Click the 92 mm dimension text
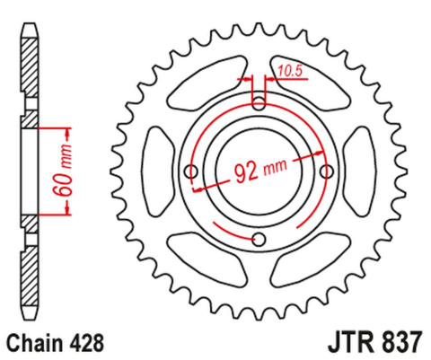click(x=259, y=170)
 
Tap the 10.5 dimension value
click(x=289, y=69)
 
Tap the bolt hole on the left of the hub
click(x=189, y=171)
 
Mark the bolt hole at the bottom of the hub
click(x=259, y=239)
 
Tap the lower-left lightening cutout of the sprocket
click(x=201, y=251)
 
